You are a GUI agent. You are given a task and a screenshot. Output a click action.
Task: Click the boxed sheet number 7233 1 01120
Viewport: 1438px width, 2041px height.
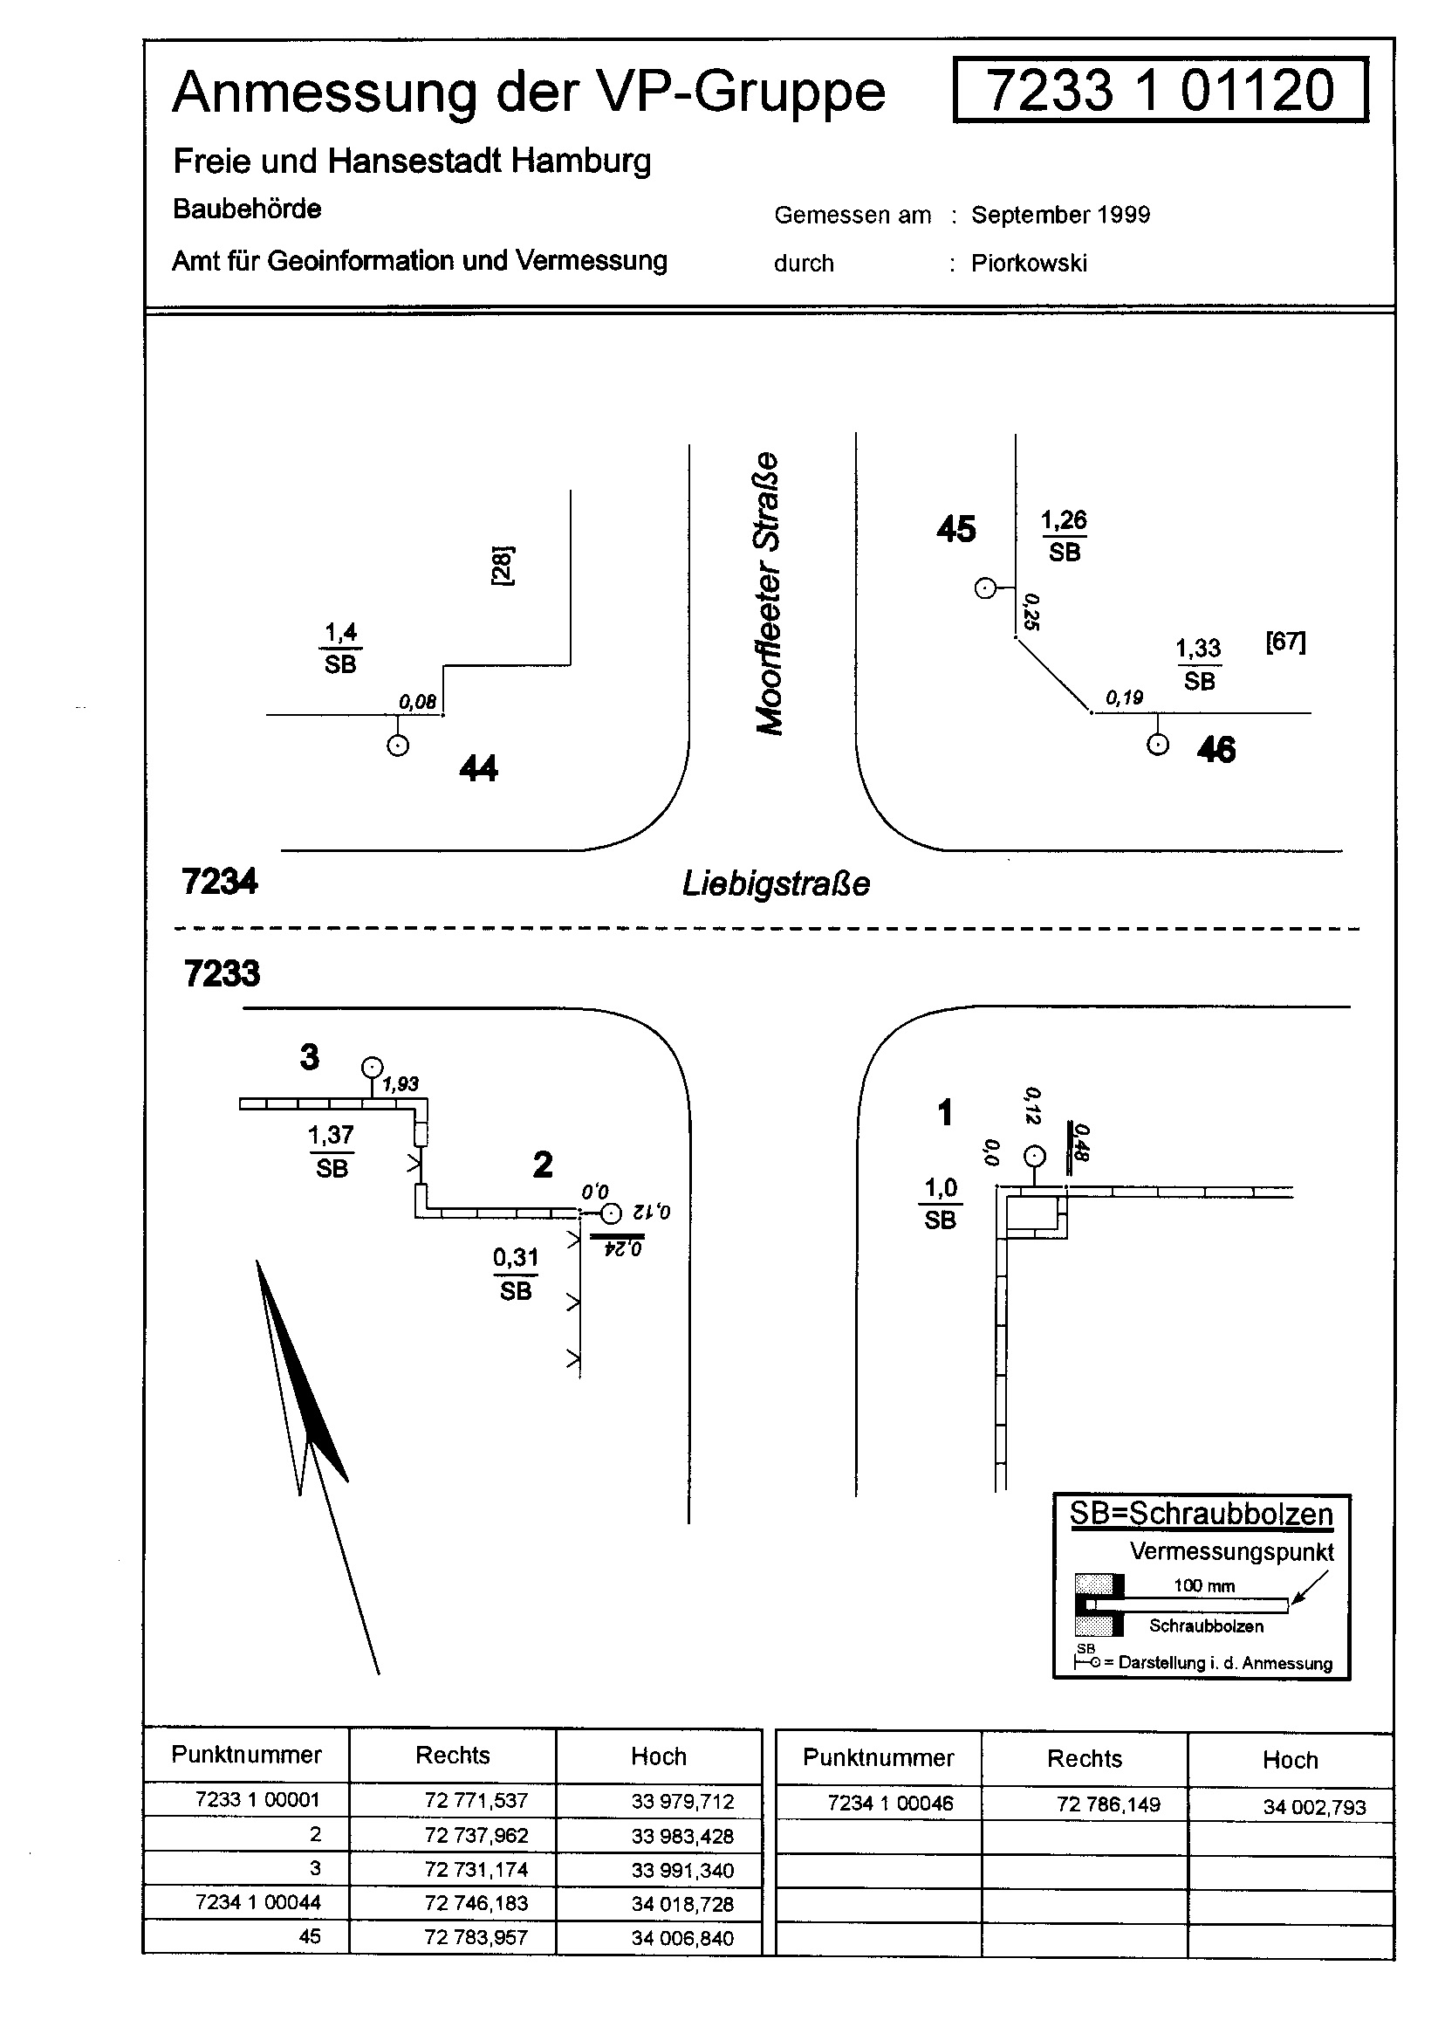click(x=1160, y=90)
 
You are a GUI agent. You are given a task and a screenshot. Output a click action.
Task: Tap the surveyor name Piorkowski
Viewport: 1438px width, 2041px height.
click(x=1028, y=263)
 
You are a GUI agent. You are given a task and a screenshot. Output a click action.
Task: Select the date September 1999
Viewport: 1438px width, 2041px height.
click(x=1060, y=215)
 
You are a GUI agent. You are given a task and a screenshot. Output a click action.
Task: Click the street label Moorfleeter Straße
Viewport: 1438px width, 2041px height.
click(x=769, y=594)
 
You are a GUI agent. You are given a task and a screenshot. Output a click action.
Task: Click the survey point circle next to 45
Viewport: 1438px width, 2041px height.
click(x=985, y=588)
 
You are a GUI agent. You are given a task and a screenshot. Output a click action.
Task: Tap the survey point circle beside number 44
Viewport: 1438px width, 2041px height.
click(x=398, y=745)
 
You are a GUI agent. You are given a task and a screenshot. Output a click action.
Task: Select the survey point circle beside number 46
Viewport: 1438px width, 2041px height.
click(x=1157, y=745)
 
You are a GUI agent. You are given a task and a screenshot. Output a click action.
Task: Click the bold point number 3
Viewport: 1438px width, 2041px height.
click(x=309, y=1057)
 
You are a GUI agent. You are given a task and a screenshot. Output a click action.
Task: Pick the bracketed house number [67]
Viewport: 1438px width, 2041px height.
click(x=1285, y=641)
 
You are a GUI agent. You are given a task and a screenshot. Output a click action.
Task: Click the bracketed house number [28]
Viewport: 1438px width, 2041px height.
click(x=502, y=565)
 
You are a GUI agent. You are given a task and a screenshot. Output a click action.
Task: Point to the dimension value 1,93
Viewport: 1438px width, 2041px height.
click(x=400, y=1083)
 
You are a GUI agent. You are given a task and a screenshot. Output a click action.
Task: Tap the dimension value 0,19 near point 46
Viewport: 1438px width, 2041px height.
click(x=1124, y=698)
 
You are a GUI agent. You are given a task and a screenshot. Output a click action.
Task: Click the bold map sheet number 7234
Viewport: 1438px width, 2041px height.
click(x=220, y=882)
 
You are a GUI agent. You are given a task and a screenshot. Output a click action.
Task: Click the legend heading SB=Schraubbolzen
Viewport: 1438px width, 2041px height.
click(x=1201, y=1513)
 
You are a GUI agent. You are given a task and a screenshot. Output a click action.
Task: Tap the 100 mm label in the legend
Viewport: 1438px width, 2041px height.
click(x=1203, y=1586)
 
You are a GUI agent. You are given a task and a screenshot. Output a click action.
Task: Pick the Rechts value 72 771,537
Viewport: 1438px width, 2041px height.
click(x=476, y=1800)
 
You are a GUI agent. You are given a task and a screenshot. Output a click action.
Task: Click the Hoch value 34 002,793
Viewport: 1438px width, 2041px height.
click(x=1313, y=1806)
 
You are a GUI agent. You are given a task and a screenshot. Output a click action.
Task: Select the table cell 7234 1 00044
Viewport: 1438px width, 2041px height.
click(x=257, y=1902)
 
